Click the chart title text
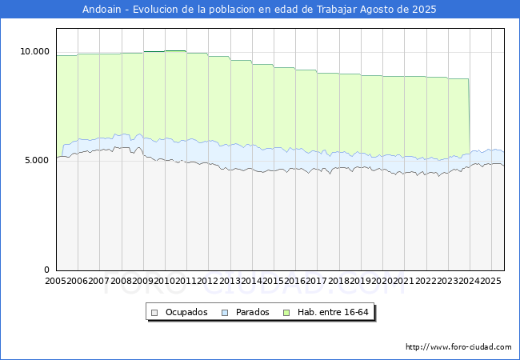tap(260, 9)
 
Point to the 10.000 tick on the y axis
tap(34, 51)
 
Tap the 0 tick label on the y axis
tap(46, 270)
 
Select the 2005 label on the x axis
tap(56, 282)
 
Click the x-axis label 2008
tap(122, 282)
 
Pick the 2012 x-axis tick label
tap(208, 282)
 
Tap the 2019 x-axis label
tap(360, 282)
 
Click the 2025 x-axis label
tap(490, 282)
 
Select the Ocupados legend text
tap(186, 312)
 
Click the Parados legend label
tap(252, 312)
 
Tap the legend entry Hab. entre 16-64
tap(336, 312)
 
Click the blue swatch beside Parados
tap(226, 312)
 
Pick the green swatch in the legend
tap(294, 312)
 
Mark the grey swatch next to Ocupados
tap(155, 312)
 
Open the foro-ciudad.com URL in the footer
tap(458, 347)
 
